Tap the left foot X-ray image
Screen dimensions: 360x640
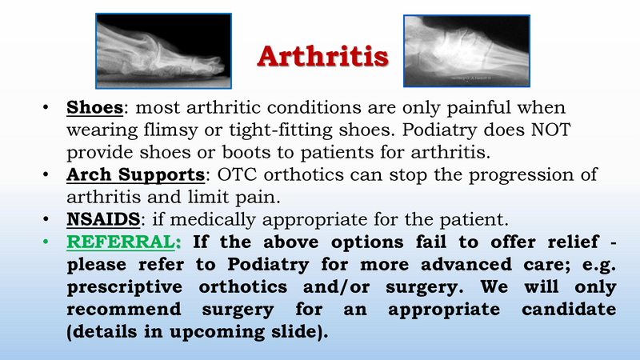[163, 51]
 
